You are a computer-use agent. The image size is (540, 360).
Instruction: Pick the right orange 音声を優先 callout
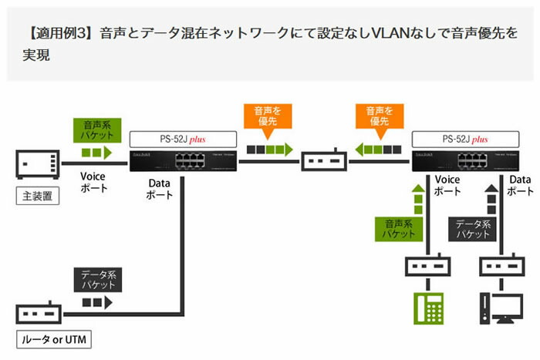[377, 116]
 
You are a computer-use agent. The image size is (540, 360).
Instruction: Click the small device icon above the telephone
[430, 267]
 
